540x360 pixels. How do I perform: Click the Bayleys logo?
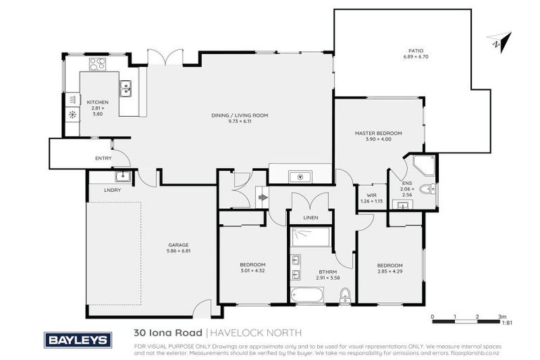click(77, 340)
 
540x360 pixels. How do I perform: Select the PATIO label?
click(418, 51)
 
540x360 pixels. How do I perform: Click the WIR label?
click(370, 196)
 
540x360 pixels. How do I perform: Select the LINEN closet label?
click(310, 218)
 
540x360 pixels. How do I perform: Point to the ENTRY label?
click(103, 158)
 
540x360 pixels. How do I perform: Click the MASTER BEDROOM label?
click(378, 133)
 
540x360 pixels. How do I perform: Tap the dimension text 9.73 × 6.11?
click(240, 122)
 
